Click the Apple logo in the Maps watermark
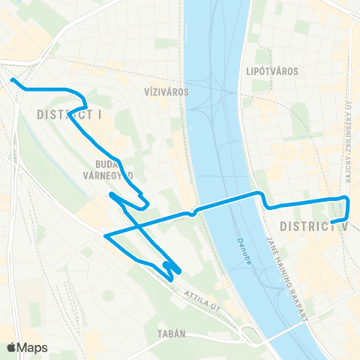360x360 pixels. coord(12,347)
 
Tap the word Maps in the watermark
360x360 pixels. coord(33,347)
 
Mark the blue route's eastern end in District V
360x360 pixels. coord(332,221)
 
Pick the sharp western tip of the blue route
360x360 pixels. coord(106,235)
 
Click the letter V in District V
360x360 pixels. coord(346,226)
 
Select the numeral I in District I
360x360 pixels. coord(100,115)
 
